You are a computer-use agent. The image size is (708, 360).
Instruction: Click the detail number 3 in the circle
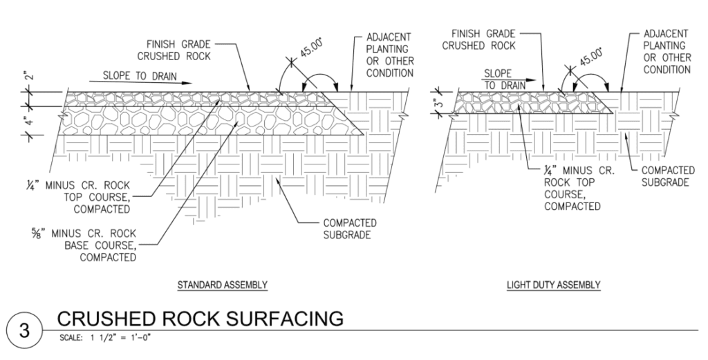point(24,328)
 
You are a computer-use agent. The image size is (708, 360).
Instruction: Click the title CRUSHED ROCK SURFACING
point(200,319)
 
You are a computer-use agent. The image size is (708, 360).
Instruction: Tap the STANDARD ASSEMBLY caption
point(222,285)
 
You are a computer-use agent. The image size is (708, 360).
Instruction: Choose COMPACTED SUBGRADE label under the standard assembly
point(348,229)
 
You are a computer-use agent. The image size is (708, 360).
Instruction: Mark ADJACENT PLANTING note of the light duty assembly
point(667,53)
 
